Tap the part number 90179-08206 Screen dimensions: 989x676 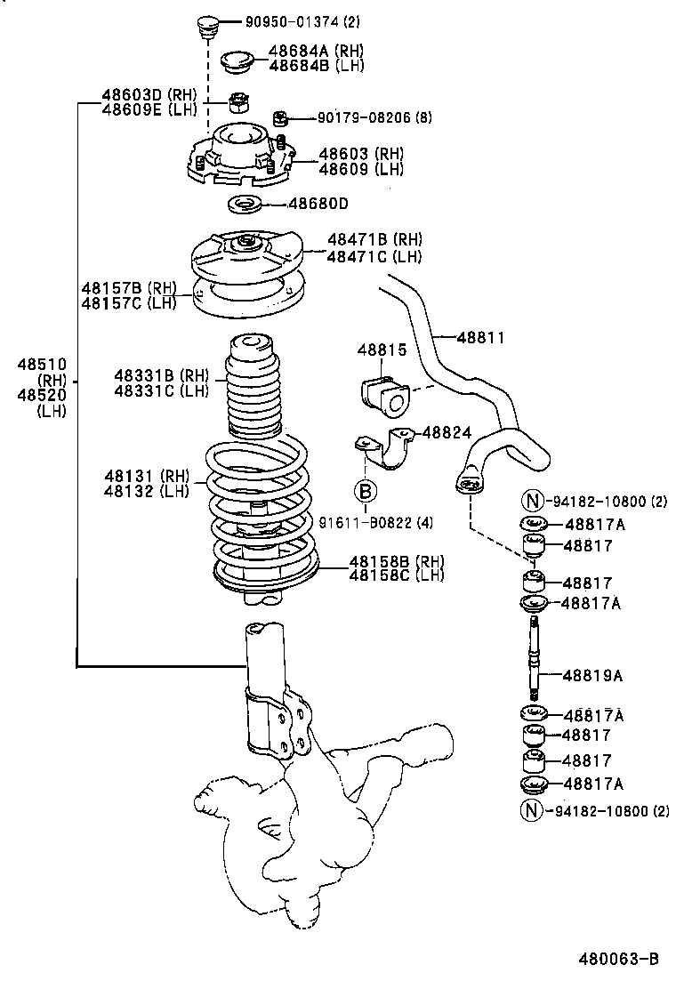click(356, 117)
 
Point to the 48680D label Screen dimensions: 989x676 click(318, 204)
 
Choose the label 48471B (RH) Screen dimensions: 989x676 click(374, 239)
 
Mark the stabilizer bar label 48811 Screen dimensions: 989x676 click(480, 337)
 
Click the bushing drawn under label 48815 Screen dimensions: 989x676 click(382, 394)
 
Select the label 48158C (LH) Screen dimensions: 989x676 click(396, 575)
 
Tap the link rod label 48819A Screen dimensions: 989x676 click(592, 675)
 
